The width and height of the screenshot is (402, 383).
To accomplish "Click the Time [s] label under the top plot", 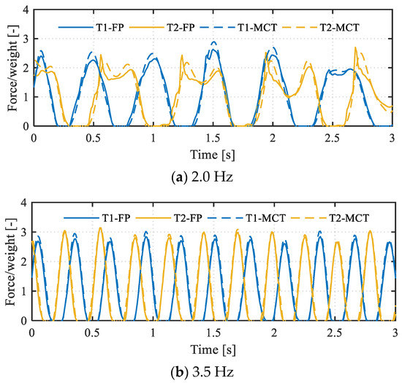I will (213, 150).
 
